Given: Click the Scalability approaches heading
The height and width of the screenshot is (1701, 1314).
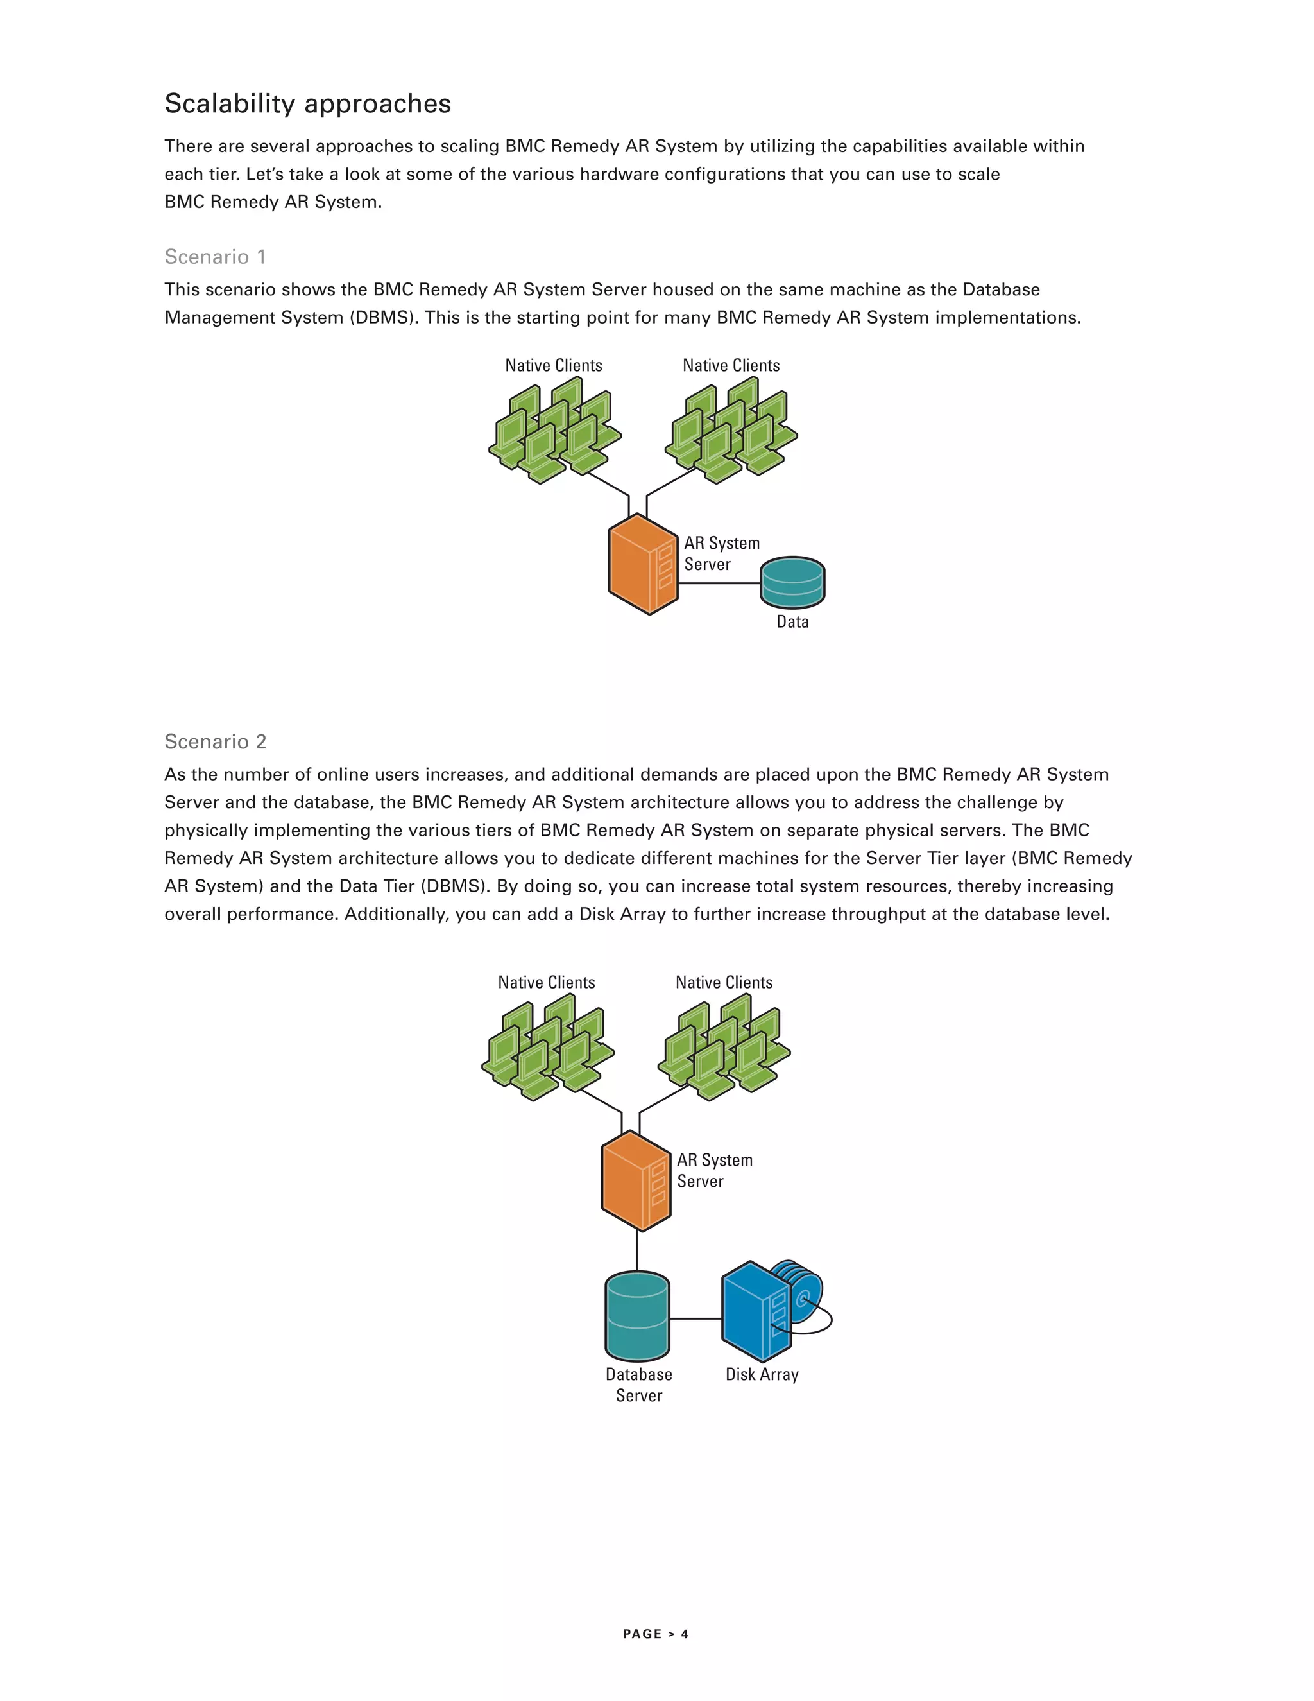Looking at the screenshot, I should [x=307, y=103].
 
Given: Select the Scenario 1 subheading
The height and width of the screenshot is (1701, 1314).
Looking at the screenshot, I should [x=215, y=257].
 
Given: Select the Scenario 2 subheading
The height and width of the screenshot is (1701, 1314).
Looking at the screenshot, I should [x=215, y=741].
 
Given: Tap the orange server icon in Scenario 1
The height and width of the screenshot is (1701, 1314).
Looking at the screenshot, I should [x=642, y=565].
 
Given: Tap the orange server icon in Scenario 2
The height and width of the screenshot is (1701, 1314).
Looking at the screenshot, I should [x=635, y=1182].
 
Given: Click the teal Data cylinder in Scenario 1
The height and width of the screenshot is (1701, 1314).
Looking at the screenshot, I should [x=792, y=583].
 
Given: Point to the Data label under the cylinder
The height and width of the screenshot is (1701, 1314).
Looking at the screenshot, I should [x=792, y=621].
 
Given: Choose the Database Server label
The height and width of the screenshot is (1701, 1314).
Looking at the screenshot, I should [x=638, y=1385].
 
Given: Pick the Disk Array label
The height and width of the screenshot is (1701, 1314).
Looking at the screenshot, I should [x=762, y=1375].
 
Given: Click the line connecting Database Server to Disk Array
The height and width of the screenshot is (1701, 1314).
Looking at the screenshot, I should [x=695, y=1318].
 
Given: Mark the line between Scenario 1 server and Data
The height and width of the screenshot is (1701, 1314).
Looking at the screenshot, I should [x=719, y=583].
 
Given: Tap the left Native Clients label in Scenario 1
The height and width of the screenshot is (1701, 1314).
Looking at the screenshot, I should [x=554, y=365].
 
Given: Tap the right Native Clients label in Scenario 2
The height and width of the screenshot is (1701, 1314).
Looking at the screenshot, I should [x=724, y=982].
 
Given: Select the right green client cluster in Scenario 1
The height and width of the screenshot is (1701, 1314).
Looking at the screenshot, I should [x=730, y=430].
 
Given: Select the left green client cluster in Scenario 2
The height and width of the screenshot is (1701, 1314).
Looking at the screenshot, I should [x=547, y=1047].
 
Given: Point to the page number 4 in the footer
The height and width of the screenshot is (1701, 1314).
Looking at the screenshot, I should [x=685, y=1634].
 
